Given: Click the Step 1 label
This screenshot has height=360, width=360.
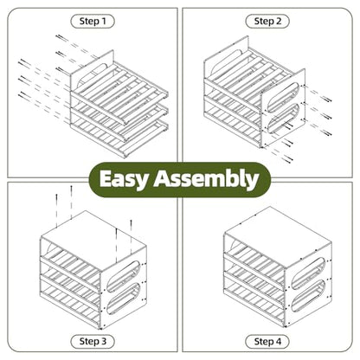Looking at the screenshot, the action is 93,22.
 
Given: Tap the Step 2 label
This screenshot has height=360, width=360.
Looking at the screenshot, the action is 267,22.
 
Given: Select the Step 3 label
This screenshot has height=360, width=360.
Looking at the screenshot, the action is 93,342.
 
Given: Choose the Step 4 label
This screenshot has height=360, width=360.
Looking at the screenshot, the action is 267,342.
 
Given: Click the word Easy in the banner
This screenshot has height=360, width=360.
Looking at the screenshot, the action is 124,179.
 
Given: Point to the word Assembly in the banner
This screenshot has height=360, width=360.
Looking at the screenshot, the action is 206,179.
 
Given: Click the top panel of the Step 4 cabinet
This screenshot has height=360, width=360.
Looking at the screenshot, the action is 278,237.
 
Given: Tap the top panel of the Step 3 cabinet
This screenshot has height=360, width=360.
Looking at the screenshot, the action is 93,241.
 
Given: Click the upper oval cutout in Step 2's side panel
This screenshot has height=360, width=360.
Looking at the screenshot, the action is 283,97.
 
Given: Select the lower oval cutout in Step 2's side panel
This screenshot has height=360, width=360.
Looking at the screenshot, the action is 283,119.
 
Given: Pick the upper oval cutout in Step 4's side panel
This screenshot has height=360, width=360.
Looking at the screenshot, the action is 309,273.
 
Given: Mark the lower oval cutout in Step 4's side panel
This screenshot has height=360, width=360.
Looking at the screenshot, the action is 309,295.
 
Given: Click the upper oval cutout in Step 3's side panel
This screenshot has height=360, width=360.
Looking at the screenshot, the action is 124,276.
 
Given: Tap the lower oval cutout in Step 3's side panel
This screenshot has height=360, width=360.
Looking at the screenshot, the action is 124,298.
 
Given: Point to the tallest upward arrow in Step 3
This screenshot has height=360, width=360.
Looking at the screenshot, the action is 71,202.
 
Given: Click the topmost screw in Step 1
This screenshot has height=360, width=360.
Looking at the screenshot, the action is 61,38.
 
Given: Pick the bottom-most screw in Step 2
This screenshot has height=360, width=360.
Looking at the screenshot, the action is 288,158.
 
